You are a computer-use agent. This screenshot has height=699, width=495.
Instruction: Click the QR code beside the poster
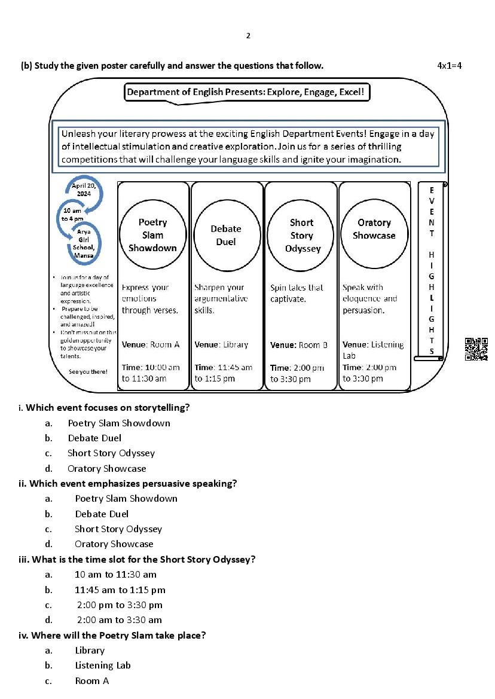coord(476,349)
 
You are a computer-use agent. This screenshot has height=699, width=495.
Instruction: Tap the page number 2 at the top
coord(248,36)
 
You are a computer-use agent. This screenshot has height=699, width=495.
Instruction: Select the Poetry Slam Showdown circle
coord(152,235)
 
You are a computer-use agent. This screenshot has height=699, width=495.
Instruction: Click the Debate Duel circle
coord(226,235)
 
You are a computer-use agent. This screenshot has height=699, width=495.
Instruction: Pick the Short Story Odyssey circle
coord(302,235)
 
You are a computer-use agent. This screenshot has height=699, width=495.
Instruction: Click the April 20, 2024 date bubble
coord(84,190)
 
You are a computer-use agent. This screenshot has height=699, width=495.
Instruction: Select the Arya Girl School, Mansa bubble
coord(84,242)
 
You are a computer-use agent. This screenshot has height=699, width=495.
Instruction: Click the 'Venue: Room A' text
coord(151,344)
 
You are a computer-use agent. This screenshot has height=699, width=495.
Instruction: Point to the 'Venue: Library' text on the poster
coord(221,344)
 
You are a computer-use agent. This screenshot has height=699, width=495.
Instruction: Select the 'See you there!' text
coord(88,371)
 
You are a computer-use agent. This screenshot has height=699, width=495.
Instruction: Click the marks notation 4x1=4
coord(450,65)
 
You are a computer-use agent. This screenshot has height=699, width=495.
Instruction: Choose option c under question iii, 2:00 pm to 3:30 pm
coord(120,605)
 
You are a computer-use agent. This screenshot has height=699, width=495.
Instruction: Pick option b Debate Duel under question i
coord(94,438)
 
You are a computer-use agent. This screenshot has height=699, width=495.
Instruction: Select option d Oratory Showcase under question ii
coord(114,544)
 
